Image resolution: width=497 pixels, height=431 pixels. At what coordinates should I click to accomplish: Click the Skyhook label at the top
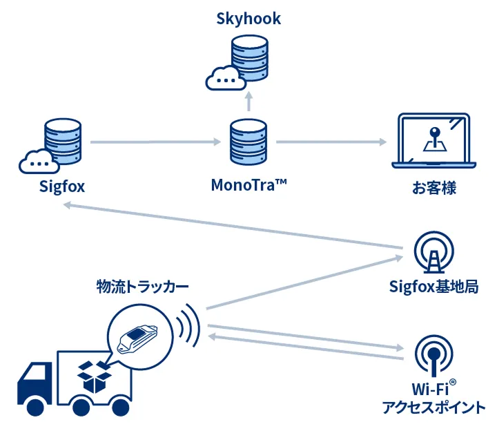click(248, 18)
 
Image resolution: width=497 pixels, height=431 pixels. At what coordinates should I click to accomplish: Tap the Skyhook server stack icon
click(249, 58)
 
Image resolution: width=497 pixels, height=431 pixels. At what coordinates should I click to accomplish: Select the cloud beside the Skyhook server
click(222, 79)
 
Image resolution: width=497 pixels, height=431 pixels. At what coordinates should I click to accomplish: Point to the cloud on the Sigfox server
click(37, 162)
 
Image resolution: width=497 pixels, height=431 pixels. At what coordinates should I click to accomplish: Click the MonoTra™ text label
click(248, 186)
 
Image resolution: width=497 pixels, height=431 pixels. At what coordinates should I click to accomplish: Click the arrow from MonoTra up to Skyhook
click(249, 102)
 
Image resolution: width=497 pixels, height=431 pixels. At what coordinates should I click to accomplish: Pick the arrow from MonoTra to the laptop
click(331, 143)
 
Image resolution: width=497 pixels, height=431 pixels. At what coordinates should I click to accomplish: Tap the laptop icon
click(434, 142)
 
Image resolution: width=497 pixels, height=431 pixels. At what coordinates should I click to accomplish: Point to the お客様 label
click(434, 187)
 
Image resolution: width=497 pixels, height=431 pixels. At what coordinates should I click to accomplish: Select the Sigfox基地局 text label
click(434, 287)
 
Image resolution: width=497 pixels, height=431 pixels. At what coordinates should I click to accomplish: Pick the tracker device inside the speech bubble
click(138, 337)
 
